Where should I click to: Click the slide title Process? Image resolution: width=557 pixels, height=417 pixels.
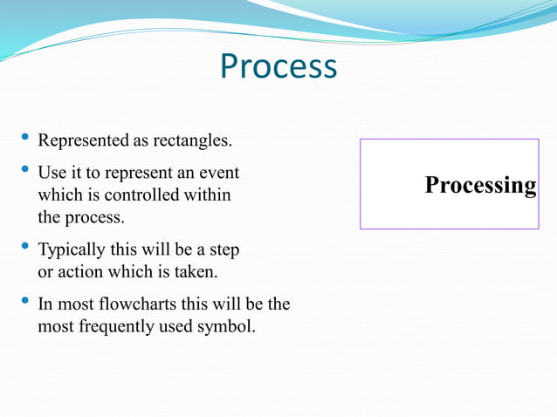tap(278, 66)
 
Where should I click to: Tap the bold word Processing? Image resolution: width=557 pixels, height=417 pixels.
tap(480, 185)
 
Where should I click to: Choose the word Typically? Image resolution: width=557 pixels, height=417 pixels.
tap(71, 250)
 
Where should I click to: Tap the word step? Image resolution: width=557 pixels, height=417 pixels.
tap(223, 250)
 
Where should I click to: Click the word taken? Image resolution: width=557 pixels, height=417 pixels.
tap(197, 272)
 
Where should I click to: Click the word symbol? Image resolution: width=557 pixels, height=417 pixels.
tap(230, 327)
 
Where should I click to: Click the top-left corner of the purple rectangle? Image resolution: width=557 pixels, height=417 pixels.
tap(361, 139)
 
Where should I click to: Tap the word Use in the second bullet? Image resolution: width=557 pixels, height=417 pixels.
tap(52, 173)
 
